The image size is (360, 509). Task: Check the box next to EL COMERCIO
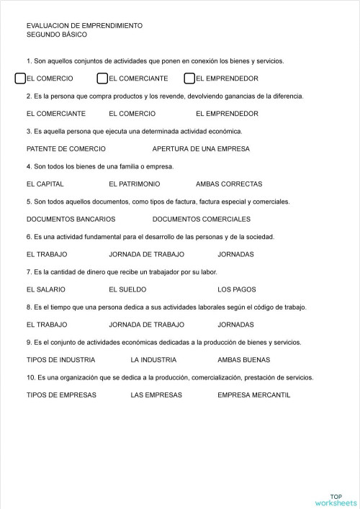pos(20,78)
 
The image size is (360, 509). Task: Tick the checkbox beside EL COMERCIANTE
pos(103,78)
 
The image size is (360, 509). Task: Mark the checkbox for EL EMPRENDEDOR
pos(190,78)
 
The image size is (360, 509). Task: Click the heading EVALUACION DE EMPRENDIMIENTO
pos(84,26)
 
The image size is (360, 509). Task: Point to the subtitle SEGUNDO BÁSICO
pos(56,35)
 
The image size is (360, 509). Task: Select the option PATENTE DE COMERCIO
pos(66,149)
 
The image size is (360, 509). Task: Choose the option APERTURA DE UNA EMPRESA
pos(201,149)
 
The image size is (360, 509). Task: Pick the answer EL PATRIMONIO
pos(135,184)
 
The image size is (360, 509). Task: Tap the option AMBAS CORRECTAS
pos(229,184)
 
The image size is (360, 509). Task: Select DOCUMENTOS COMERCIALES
pos(202,219)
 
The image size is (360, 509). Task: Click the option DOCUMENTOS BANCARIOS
pos(71,219)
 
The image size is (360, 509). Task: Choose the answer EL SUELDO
pos(127,289)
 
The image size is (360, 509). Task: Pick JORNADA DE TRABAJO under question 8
pos(146,325)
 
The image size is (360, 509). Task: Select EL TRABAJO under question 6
pos(47,254)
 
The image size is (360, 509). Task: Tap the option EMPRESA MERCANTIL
pos(253,395)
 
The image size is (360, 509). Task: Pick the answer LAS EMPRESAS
pos(156,395)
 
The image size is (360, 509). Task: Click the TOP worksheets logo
pos(335,500)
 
